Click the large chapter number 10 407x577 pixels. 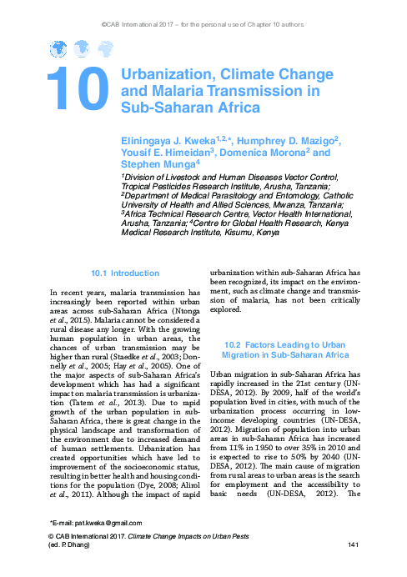click(x=78, y=89)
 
